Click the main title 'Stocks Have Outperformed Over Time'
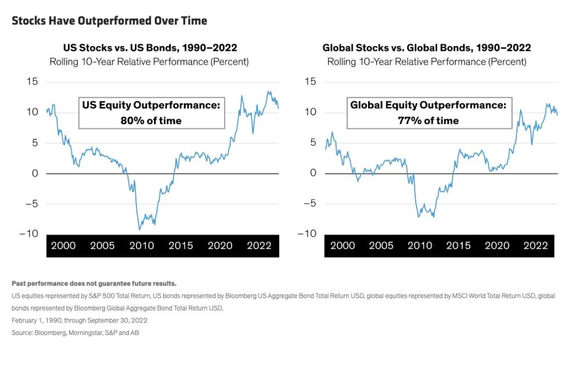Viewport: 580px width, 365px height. tap(109, 21)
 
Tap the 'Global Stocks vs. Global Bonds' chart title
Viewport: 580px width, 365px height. tap(427, 48)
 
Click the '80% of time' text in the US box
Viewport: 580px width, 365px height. tap(151, 120)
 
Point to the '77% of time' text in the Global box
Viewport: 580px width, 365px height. tap(429, 120)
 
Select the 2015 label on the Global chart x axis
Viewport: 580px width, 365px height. tap(458, 245)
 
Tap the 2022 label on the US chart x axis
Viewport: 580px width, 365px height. tap(258, 245)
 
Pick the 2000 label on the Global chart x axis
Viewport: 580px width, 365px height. tap(342, 245)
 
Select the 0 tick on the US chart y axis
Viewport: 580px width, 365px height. tap(35, 173)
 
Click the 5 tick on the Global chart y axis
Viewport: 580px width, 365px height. tap(313, 143)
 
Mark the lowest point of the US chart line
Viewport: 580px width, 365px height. tap(139, 230)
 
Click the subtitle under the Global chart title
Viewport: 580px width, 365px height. tap(427, 61)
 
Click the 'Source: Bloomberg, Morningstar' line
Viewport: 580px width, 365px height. tap(75, 333)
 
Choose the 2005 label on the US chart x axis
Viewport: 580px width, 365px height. tap(103, 245)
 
